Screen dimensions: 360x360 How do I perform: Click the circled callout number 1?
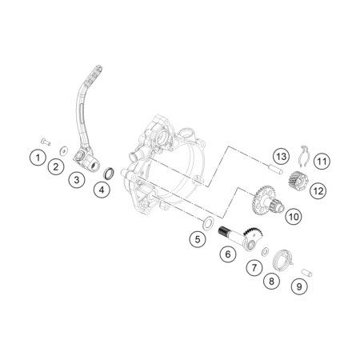(38, 158)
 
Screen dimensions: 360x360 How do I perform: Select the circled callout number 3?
(77, 179)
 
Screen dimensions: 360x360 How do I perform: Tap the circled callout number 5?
(198, 239)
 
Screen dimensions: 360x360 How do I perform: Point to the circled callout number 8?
(271, 281)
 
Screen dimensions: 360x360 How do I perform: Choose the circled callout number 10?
(294, 216)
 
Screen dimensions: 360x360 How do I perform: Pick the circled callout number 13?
(281, 156)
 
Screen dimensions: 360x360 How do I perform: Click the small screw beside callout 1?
(46, 142)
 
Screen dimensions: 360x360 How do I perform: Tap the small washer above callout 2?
(64, 150)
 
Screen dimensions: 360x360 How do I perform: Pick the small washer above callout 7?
(266, 251)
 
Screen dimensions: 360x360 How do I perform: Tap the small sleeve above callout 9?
(306, 273)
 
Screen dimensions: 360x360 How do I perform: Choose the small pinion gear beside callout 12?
(298, 181)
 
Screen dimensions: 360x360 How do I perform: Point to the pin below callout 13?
(275, 169)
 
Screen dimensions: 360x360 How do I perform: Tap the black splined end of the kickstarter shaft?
(224, 231)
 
